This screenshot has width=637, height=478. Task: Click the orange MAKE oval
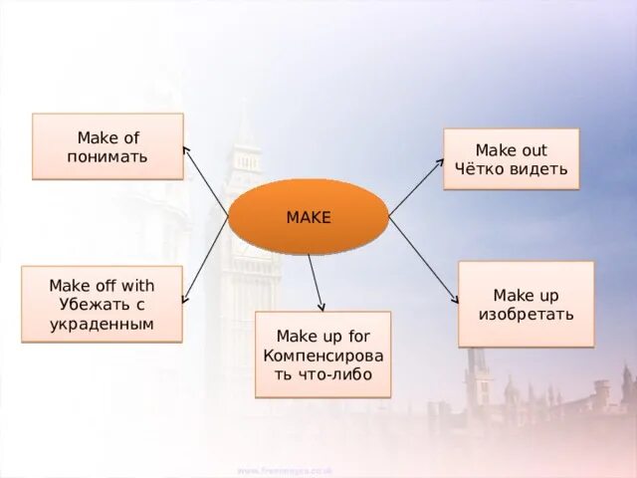[x=308, y=216]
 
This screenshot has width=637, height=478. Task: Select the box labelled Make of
[x=107, y=146]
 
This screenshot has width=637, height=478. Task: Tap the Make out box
[x=511, y=159]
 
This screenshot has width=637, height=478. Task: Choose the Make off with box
[x=102, y=304]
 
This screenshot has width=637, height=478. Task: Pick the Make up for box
[x=322, y=355]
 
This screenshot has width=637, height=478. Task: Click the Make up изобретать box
[x=526, y=304]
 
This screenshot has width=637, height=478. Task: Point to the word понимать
[x=107, y=156]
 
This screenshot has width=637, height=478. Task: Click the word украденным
[x=102, y=324]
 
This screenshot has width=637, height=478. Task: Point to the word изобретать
[x=526, y=315]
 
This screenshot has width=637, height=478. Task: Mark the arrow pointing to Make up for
[x=317, y=283]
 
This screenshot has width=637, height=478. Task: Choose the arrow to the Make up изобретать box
[x=424, y=260]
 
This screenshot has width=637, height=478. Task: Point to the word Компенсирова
[x=322, y=356]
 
